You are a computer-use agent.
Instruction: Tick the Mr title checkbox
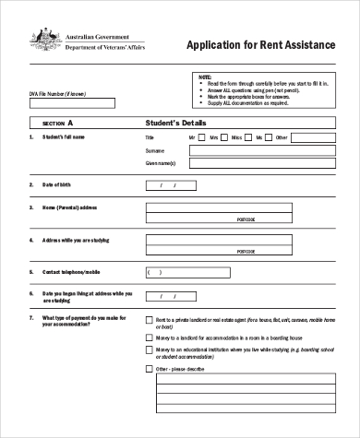pos(205,137)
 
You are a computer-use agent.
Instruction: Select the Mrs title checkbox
pos(226,137)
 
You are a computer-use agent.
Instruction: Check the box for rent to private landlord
pos(150,319)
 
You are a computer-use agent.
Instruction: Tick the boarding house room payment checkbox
pos(150,338)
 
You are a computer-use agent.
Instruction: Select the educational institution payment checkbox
pos(150,351)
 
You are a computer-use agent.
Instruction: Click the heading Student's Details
pos(176,122)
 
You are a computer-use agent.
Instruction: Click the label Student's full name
pos(65,137)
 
